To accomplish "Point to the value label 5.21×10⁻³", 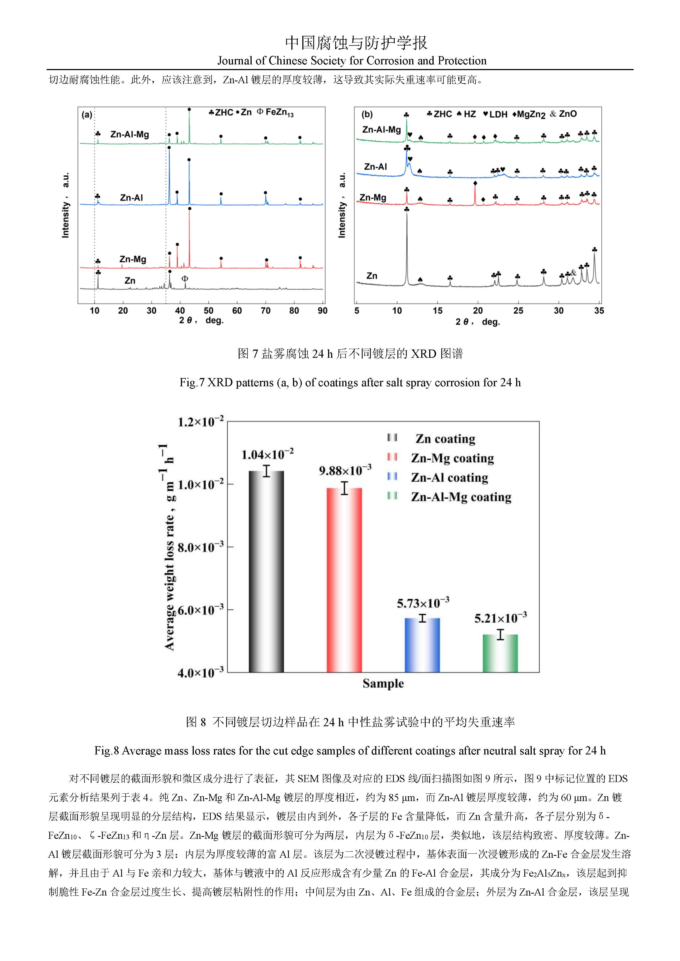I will click(500, 618).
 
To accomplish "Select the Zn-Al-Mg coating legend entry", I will click(460, 497).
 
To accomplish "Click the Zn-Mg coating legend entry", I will click(452, 458).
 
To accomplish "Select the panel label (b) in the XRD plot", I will click(367, 114).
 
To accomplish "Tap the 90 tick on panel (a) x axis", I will click(322, 311).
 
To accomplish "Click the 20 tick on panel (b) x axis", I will click(478, 311).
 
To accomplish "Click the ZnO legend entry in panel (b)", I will click(564, 114).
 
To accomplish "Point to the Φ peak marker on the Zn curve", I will click(185, 278).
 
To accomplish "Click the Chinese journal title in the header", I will click(356, 43).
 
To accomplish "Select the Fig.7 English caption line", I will click(350, 382).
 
